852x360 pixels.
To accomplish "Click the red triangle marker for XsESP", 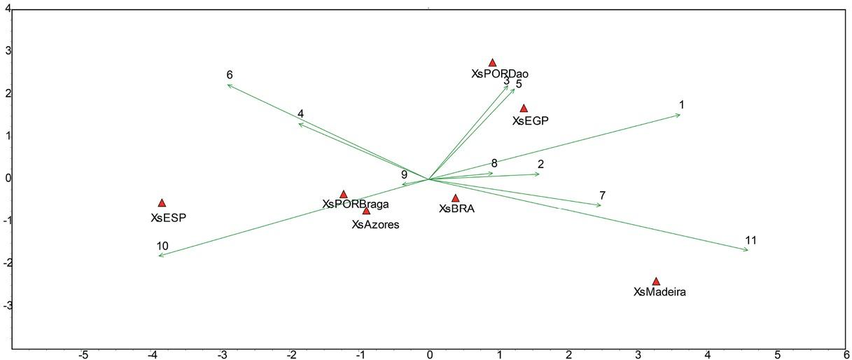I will click(x=162, y=203).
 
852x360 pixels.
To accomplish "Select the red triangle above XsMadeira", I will click(x=656, y=281).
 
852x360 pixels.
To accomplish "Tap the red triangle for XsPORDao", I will click(x=492, y=62).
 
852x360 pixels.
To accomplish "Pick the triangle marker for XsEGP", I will click(x=524, y=108).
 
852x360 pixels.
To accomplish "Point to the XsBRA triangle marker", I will click(x=455, y=198).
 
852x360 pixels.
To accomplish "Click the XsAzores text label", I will click(x=375, y=225).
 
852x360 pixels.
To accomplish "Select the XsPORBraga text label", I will click(x=355, y=205).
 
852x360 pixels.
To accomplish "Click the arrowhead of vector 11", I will click(x=748, y=250).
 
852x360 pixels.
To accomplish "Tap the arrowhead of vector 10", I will click(x=159, y=256).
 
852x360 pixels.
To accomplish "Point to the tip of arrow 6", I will click(x=228, y=85).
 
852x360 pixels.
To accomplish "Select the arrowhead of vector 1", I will click(x=680, y=115).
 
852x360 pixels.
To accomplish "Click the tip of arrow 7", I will click(x=601, y=205).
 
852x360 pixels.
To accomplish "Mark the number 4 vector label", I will click(x=300, y=113).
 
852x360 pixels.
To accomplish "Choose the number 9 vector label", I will click(x=404, y=174).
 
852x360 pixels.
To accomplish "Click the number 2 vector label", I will click(x=540, y=165).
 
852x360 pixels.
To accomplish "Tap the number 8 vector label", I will click(x=494, y=163).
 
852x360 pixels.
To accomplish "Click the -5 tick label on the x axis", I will click(x=83, y=354).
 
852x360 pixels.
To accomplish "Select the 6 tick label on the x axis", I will click(x=846, y=354).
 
